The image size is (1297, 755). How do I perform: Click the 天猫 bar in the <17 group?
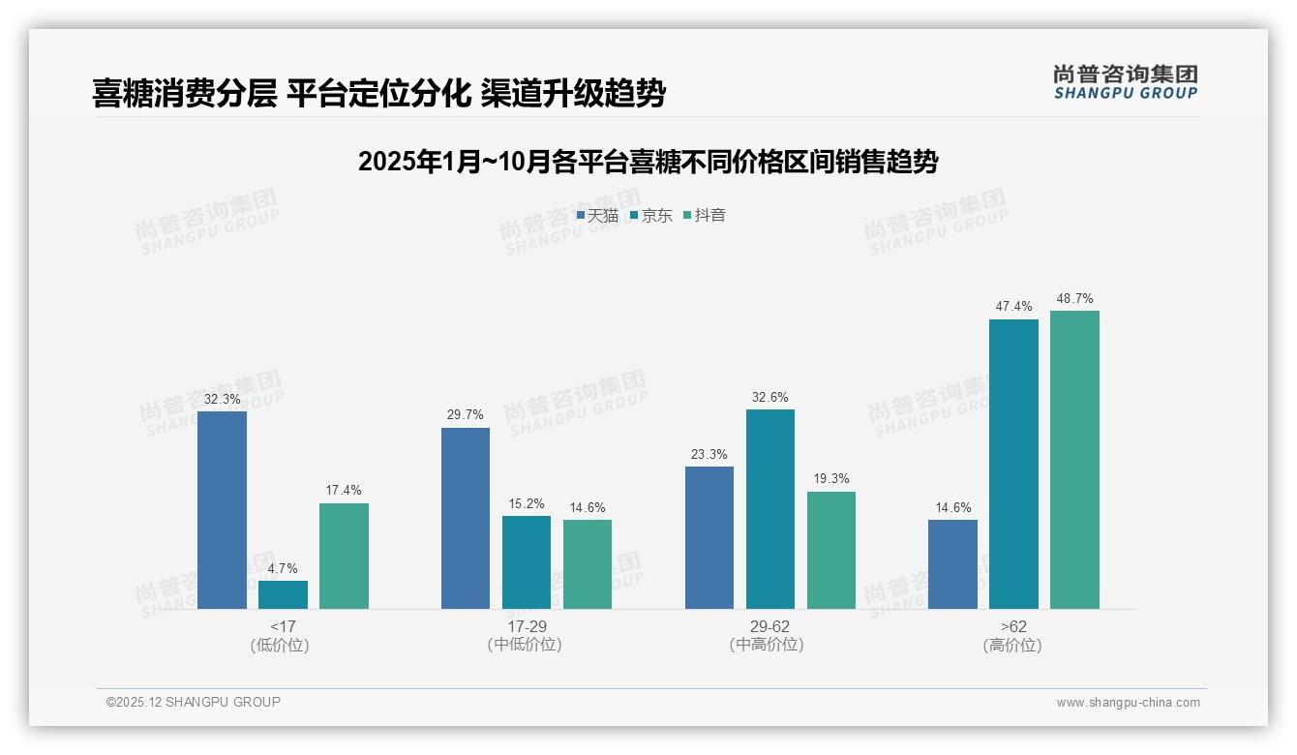(x=222, y=510)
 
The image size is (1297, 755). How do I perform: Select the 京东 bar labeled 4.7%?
(x=283, y=594)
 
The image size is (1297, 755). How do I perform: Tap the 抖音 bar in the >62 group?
(x=1074, y=460)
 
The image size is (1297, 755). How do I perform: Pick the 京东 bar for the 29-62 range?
(x=770, y=509)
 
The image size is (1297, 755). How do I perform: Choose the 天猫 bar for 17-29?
(x=466, y=518)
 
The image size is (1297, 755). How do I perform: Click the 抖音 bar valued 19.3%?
(x=831, y=550)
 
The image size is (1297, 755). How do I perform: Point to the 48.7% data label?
(x=1074, y=299)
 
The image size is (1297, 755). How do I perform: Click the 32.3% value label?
(x=222, y=400)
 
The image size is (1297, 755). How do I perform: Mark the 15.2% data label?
(x=527, y=504)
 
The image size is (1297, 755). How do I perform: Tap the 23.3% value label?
(x=709, y=455)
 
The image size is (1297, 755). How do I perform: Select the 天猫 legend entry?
(x=597, y=216)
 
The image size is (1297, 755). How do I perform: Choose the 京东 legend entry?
(x=650, y=216)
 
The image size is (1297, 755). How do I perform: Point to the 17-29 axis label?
(x=526, y=626)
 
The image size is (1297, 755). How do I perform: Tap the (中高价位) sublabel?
(x=769, y=645)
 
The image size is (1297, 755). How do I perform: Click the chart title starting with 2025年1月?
(x=648, y=162)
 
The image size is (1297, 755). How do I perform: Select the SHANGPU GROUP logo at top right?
(x=1125, y=82)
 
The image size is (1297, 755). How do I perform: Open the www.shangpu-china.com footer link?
(x=1128, y=703)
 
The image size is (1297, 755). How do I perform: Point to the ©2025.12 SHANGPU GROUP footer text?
(x=194, y=703)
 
